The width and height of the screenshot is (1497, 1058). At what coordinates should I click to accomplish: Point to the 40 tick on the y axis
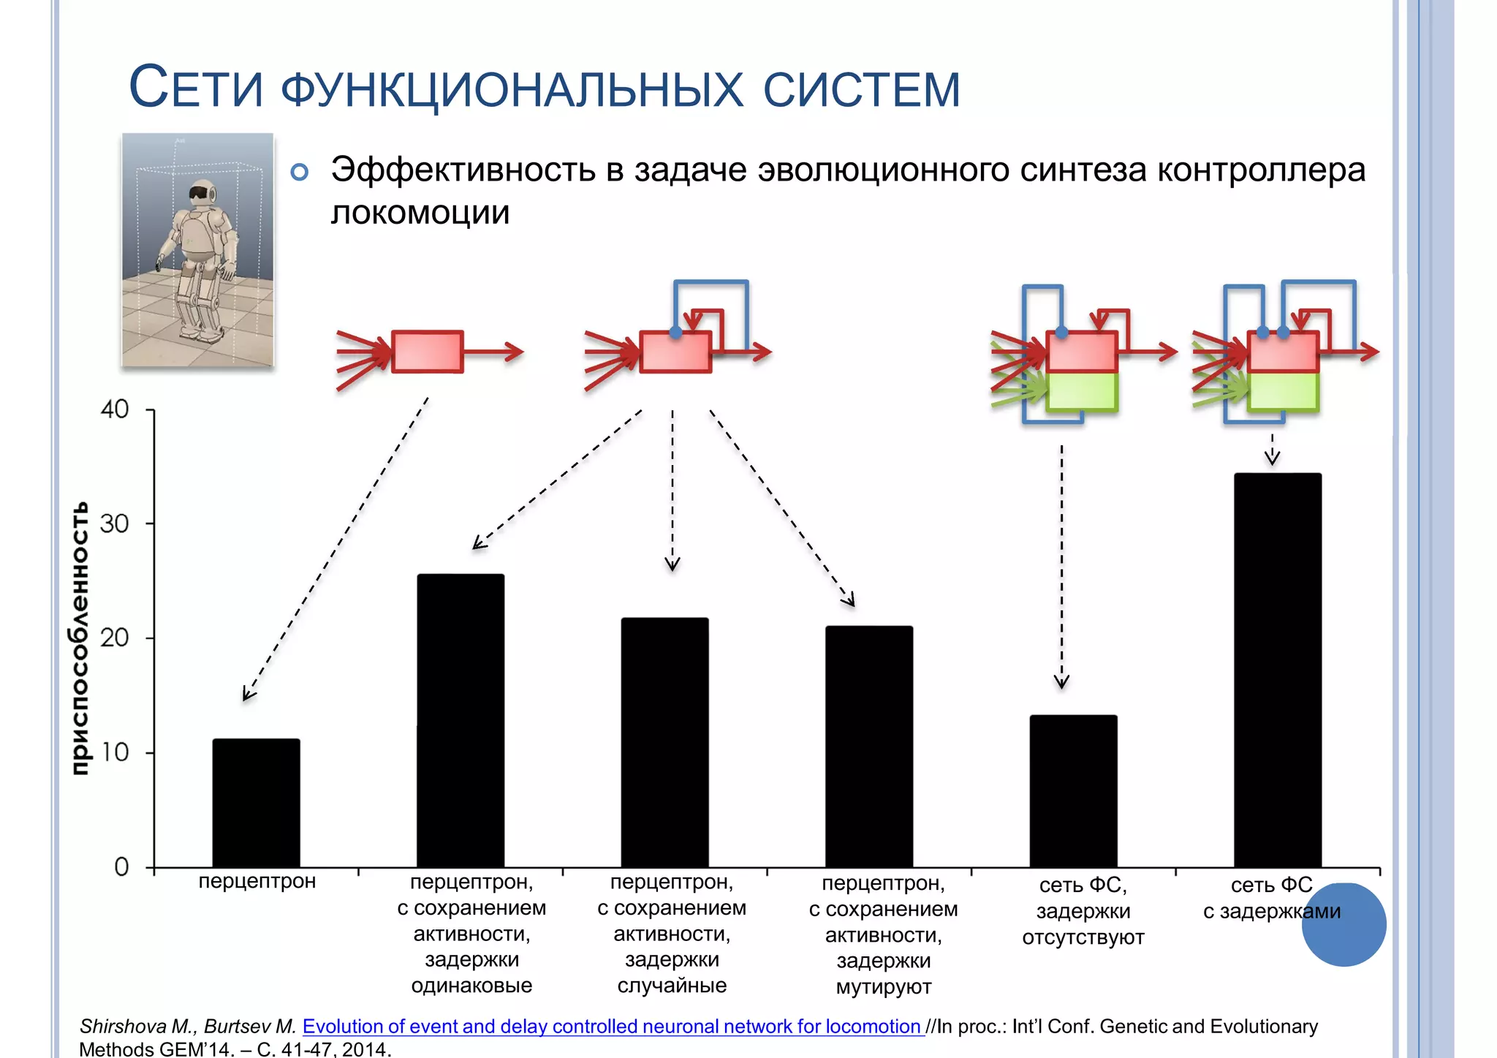click(115, 409)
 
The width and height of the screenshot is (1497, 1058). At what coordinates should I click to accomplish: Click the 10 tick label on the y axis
click(115, 752)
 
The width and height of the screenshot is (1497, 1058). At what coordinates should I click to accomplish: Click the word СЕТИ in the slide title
click(195, 88)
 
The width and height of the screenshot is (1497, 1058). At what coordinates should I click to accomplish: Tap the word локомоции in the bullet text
click(420, 213)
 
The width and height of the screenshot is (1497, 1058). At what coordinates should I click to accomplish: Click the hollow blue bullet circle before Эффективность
click(299, 173)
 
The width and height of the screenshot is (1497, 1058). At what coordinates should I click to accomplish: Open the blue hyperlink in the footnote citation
click(613, 1027)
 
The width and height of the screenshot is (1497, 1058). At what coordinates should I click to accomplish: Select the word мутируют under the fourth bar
click(883, 987)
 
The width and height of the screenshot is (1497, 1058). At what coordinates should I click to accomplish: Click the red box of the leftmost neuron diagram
click(428, 352)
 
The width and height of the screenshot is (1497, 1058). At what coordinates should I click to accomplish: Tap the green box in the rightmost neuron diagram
click(1284, 392)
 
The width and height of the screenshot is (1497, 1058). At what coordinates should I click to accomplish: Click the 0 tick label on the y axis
click(121, 867)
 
